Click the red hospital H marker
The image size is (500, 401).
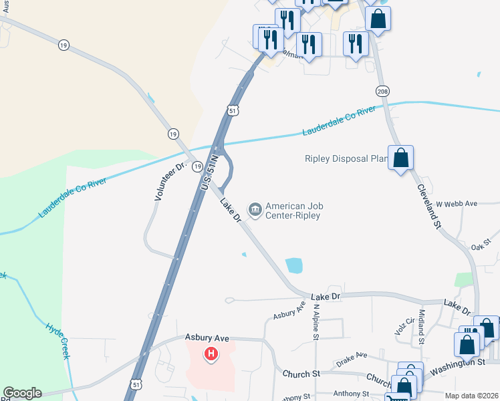[x=211, y=354]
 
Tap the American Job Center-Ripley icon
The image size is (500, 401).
[x=255, y=210]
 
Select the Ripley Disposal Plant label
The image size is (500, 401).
[x=346, y=159]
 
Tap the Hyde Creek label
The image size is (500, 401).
[x=57, y=341]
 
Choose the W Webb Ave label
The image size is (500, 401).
[x=456, y=203]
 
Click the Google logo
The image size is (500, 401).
[x=22, y=393]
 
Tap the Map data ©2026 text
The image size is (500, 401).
[x=471, y=396]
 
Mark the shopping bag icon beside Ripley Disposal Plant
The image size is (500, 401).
[x=400, y=158]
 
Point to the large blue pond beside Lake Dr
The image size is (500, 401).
[x=294, y=265]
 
